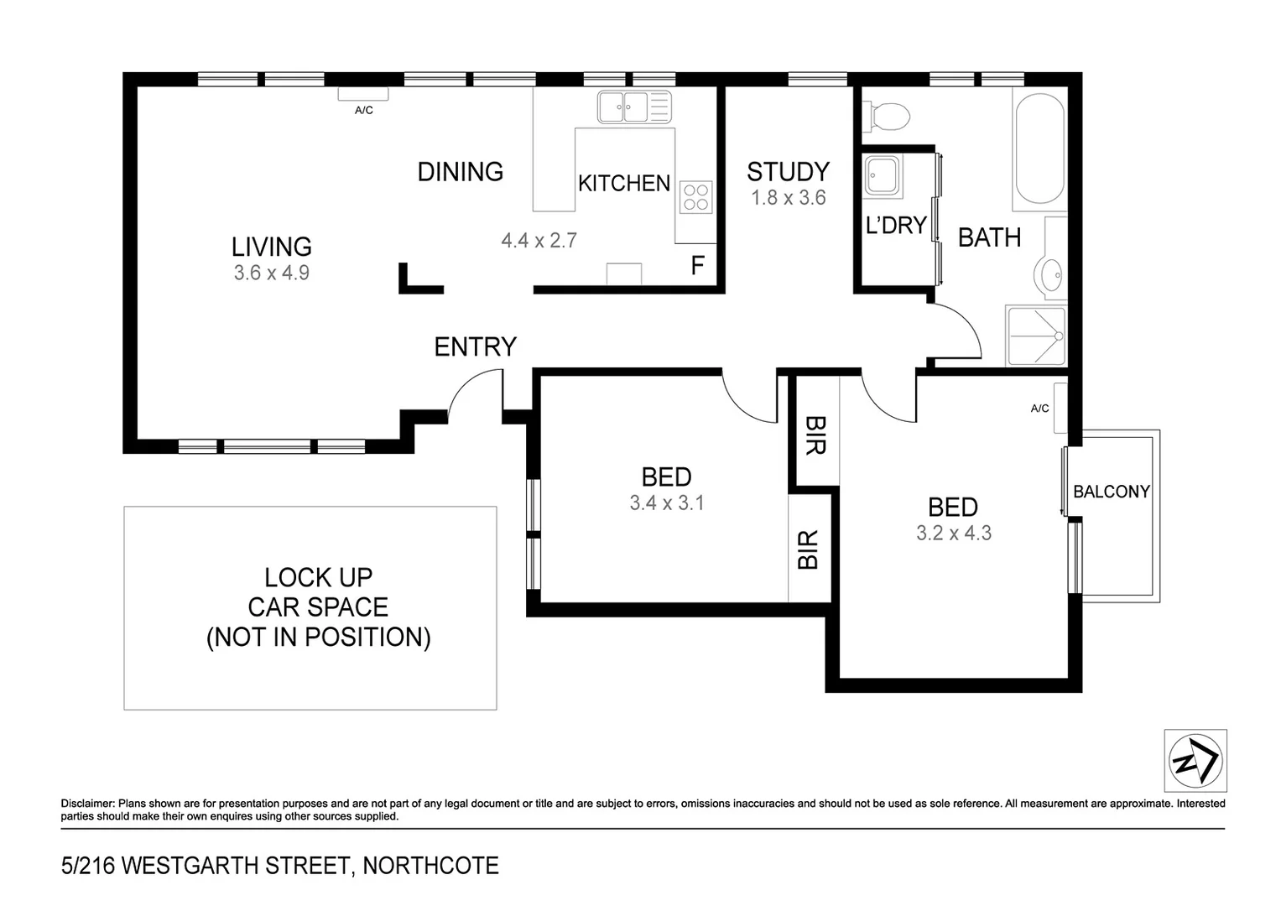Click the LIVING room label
[x=271, y=247]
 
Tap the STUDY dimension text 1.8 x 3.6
[x=788, y=198]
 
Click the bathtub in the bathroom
[x=1039, y=149]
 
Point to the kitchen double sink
[x=634, y=107]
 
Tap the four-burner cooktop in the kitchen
[x=695, y=197]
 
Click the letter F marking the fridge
[x=697, y=266]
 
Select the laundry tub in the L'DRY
[x=883, y=175]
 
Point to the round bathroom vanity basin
[x=1049, y=274]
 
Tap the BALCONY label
[x=1111, y=492]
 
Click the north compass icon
[x=1195, y=761]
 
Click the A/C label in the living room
[x=363, y=111]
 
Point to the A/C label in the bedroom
[x=1039, y=409]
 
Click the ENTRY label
[x=475, y=346]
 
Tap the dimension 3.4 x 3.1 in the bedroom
[x=666, y=503]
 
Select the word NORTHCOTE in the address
[x=430, y=866]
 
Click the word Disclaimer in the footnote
[x=87, y=804]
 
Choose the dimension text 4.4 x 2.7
[x=539, y=241]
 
